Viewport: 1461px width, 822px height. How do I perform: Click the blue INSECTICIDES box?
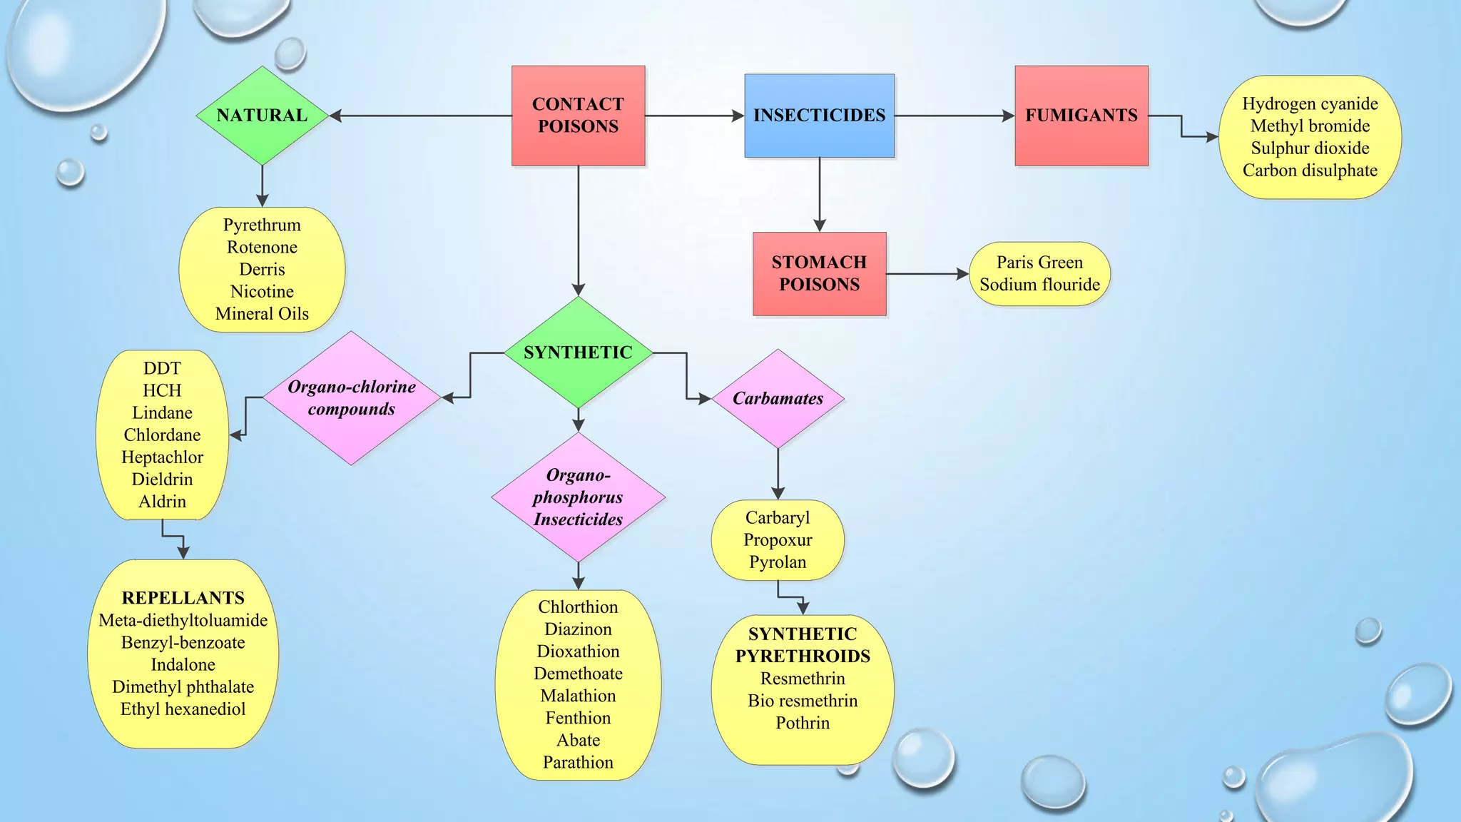click(x=819, y=116)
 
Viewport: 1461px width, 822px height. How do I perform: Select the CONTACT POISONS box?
click(x=578, y=116)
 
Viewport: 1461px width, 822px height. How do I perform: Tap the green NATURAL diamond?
click(x=262, y=116)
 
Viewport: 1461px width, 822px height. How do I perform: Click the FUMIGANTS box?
click(x=1081, y=116)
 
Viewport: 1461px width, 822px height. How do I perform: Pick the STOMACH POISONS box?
click(x=819, y=273)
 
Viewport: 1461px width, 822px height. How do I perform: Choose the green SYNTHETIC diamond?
click(x=578, y=352)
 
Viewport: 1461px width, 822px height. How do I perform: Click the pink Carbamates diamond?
click(x=778, y=398)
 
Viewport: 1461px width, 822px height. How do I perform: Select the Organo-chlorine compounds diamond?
click(x=351, y=398)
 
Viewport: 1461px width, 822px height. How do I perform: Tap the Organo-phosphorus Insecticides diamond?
click(x=578, y=497)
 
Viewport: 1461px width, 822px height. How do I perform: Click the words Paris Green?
click(x=1039, y=263)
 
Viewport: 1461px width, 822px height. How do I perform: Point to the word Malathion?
click(x=578, y=696)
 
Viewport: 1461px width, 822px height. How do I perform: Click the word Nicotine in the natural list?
click(x=262, y=292)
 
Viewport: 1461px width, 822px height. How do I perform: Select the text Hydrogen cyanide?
click(x=1310, y=104)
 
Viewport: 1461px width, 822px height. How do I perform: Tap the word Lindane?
click(x=162, y=413)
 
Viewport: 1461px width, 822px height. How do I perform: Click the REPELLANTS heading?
click(x=183, y=598)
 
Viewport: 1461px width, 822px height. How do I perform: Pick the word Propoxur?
click(x=778, y=540)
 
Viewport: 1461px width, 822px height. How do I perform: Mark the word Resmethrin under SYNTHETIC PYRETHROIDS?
click(x=803, y=679)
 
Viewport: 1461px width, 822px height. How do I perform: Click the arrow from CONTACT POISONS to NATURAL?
click(x=421, y=116)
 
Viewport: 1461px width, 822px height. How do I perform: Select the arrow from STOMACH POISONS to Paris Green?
click(x=927, y=273)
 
